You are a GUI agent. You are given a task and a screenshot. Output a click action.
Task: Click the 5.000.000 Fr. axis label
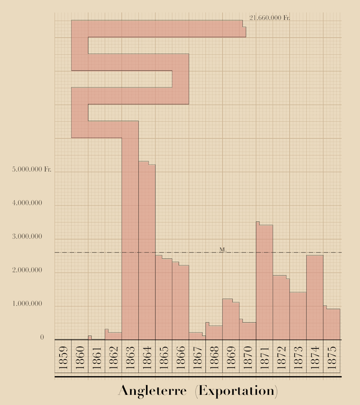coord(32,169)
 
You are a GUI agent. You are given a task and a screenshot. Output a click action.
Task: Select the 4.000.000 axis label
coord(27,203)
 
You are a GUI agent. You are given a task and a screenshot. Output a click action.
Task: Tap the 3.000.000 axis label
coord(27,237)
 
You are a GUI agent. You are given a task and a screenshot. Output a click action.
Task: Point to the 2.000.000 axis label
coord(27,270)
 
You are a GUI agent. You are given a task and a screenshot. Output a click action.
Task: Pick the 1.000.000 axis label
coord(27,304)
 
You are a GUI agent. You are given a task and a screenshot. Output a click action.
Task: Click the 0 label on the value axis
coord(42,337)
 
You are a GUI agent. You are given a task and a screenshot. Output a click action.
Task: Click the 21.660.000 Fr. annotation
coord(270,18)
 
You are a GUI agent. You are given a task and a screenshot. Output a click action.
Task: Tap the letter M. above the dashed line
coord(223,250)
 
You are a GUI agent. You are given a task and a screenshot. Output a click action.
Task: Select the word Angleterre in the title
coord(152,391)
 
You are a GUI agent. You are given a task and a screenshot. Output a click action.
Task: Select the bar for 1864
coord(147,252)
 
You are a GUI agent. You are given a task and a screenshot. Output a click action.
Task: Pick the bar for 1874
coord(315,298)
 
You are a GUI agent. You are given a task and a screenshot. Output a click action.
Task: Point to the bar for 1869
coord(231,321)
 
